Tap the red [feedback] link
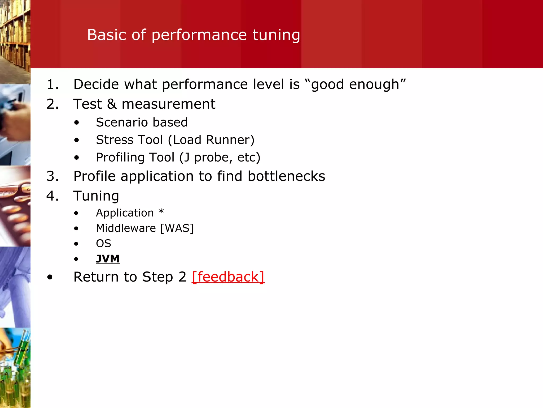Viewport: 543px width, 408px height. (x=228, y=277)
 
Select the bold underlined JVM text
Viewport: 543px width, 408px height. (x=108, y=259)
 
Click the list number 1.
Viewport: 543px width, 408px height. (x=52, y=84)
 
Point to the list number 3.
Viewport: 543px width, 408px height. (x=52, y=176)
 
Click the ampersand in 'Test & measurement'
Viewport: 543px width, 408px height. (x=112, y=104)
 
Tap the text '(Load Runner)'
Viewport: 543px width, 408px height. (x=211, y=140)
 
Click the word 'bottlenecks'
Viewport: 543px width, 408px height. (x=286, y=176)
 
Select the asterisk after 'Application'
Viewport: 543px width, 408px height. (x=161, y=212)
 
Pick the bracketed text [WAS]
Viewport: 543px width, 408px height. (x=177, y=228)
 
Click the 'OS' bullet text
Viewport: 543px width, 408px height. (x=103, y=244)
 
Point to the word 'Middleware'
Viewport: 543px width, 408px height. (x=126, y=228)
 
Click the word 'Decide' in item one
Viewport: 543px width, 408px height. (x=96, y=84)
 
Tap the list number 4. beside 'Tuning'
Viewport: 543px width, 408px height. (x=52, y=196)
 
